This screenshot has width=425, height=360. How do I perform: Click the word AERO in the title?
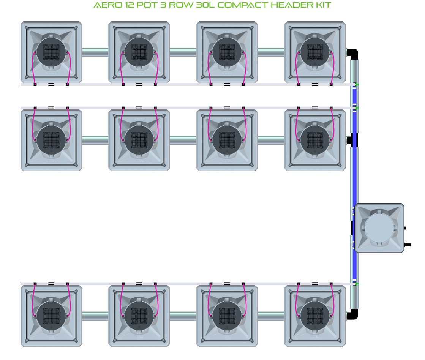tap(104, 5)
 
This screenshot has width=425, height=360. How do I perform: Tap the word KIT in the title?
tap(322, 5)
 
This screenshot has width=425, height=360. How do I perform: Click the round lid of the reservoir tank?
tap(379, 228)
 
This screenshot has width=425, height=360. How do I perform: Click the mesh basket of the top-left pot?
tap(51, 52)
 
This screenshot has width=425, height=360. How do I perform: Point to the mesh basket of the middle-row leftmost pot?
tap(51, 140)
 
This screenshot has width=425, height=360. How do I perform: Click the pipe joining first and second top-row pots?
tap(95, 52)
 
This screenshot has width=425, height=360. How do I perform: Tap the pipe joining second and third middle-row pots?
tap(183, 140)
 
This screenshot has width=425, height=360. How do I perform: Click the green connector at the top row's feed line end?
tap(356, 84)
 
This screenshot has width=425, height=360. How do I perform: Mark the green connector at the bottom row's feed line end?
tap(356, 284)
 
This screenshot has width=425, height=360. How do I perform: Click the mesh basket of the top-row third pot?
tap(227, 52)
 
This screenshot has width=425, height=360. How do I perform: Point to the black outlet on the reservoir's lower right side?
tap(408, 245)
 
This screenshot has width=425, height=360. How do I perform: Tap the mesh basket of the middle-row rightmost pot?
tap(315, 140)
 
